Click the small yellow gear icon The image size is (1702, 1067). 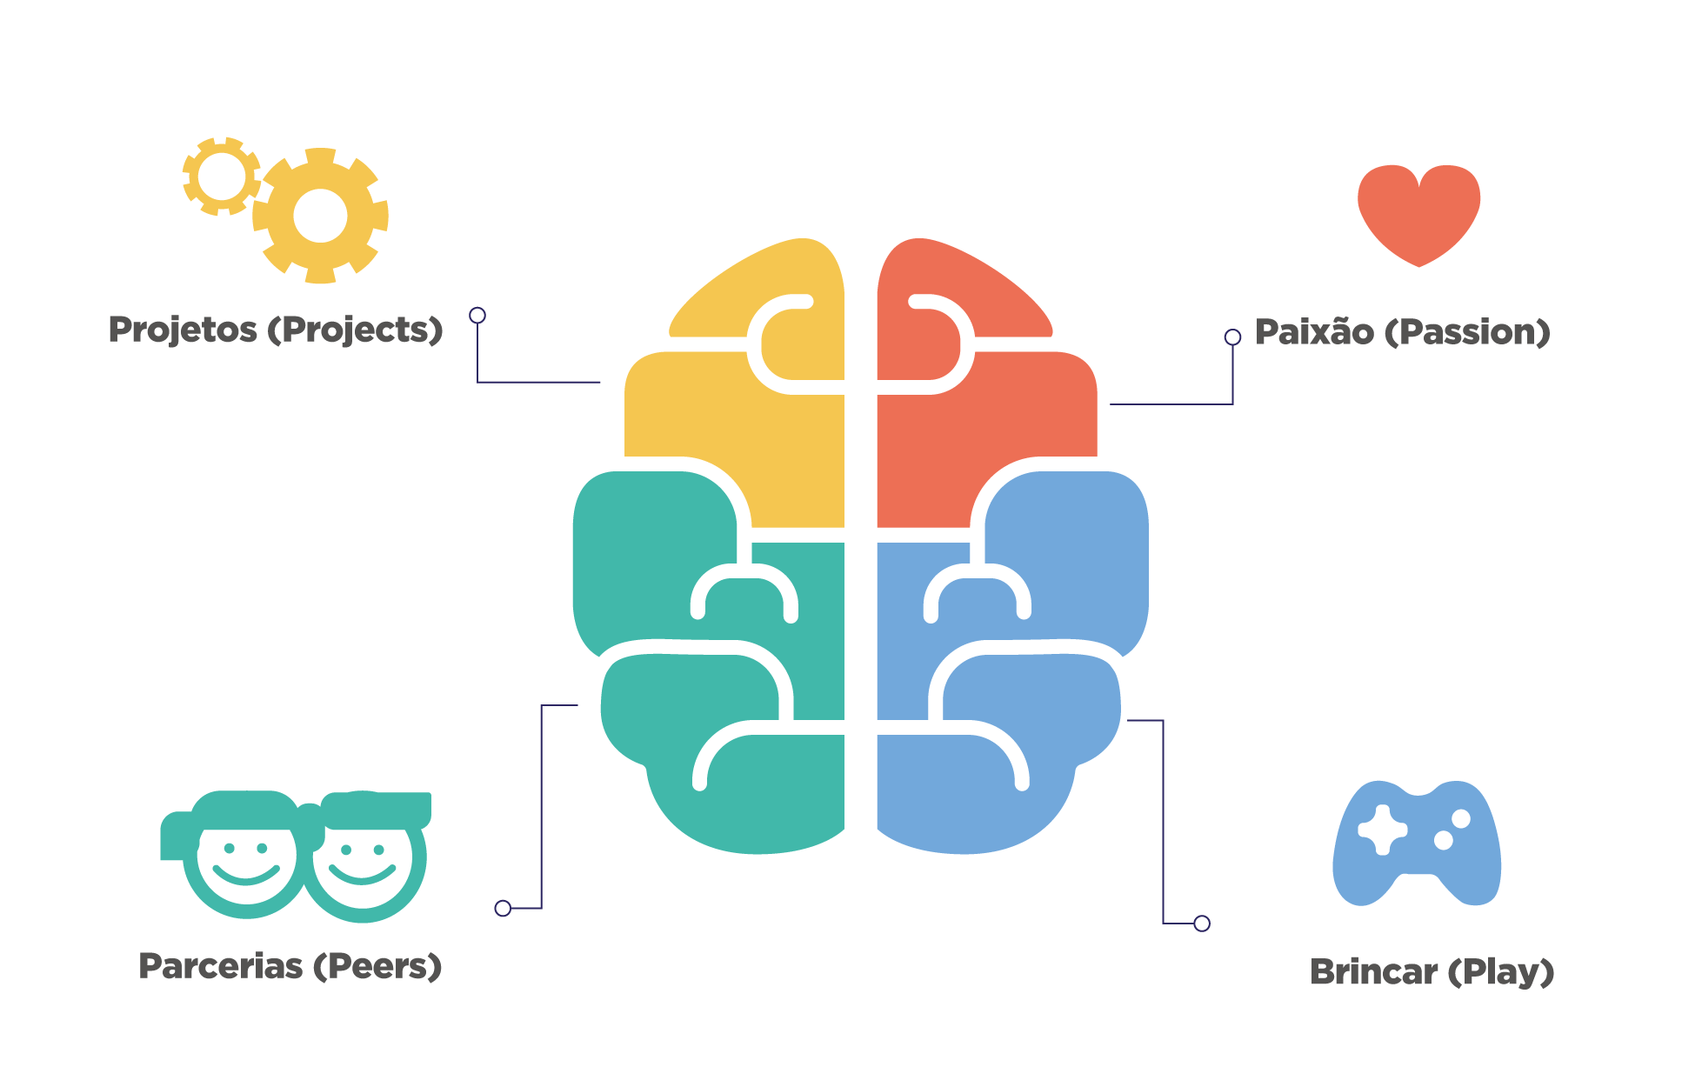pos(221,177)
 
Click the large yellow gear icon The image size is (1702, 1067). pos(320,216)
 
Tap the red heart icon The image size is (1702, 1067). pos(1418,213)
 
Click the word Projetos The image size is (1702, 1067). pos(183,330)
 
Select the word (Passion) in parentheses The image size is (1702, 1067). pos(1467,332)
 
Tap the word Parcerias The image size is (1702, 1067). pos(220,966)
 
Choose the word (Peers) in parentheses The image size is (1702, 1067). pos(377,966)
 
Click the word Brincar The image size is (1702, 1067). pos(1373,972)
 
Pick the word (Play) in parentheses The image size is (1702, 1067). pos(1500,972)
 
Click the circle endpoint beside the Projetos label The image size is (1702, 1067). pos(477,315)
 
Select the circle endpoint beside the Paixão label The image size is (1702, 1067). pos(1232,337)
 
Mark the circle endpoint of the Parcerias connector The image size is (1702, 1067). pos(503,908)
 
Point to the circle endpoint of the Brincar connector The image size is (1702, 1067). pos(1202,924)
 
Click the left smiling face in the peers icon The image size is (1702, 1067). pos(246,857)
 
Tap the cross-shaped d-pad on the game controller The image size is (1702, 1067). pos(1382,830)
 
